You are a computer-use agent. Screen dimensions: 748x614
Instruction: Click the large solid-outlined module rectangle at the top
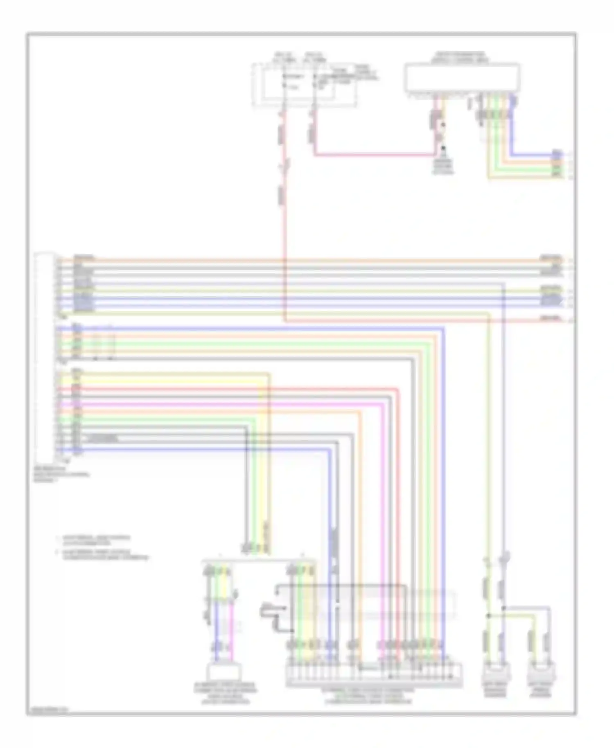click(x=462, y=78)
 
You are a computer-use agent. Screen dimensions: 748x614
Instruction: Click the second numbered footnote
click(x=102, y=554)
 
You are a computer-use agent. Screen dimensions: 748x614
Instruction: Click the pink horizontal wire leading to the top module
click(x=375, y=155)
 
